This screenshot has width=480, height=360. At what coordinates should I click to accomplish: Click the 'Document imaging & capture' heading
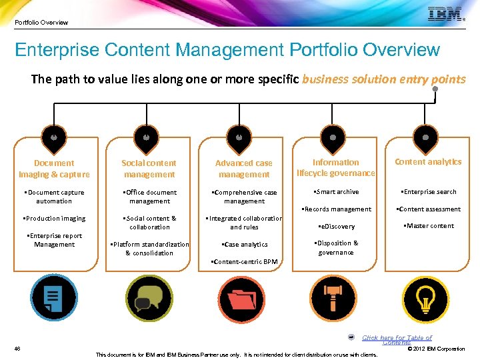tap(54, 169)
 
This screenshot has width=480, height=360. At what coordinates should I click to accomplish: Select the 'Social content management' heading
tap(149, 169)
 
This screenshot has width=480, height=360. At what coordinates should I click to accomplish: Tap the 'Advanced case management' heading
tap(244, 169)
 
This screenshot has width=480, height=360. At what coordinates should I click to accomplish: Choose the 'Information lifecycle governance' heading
tap(335, 168)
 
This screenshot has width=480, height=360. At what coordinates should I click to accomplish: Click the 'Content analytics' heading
tap(428, 162)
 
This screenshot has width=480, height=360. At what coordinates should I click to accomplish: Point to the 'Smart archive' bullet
tap(336, 192)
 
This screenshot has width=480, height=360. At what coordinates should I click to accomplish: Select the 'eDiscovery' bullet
tap(337, 227)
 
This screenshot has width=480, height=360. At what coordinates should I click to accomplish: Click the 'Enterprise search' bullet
tap(428, 192)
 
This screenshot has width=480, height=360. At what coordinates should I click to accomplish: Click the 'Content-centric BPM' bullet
tap(244, 262)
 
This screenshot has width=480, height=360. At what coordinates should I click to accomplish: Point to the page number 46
tap(17, 349)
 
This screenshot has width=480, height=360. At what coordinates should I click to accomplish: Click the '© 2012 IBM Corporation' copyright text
tap(436, 349)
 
